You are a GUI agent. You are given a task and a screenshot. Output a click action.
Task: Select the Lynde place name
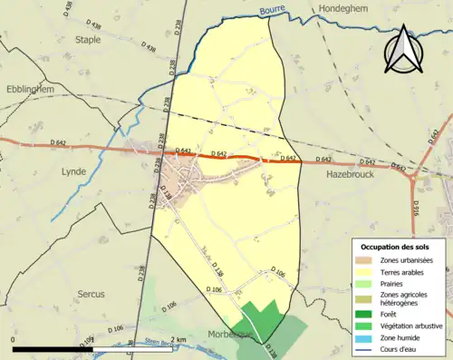pos(73,170)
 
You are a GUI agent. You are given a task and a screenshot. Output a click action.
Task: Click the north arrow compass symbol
pos(402,50)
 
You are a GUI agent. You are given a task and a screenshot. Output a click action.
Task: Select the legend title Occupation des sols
pos(397,247)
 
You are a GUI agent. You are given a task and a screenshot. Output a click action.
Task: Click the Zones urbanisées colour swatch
pos(366,260)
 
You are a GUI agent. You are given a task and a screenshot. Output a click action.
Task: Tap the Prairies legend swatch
pos(366,283)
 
